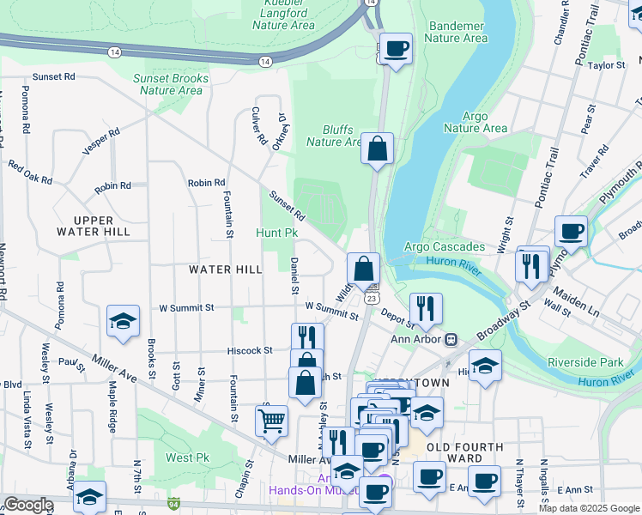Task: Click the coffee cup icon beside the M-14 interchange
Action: [396, 49]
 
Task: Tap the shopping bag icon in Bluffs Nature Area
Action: [377, 149]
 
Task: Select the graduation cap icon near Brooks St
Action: [123, 322]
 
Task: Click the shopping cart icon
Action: [271, 421]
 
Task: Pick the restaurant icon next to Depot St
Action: [425, 307]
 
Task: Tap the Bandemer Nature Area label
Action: [457, 32]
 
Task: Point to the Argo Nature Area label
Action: [475, 122]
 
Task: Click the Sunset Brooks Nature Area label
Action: [171, 84]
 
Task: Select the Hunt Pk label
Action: [276, 233]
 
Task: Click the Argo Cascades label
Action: [445, 247]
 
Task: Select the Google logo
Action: [28, 505]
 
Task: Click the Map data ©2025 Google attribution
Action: [588, 508]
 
